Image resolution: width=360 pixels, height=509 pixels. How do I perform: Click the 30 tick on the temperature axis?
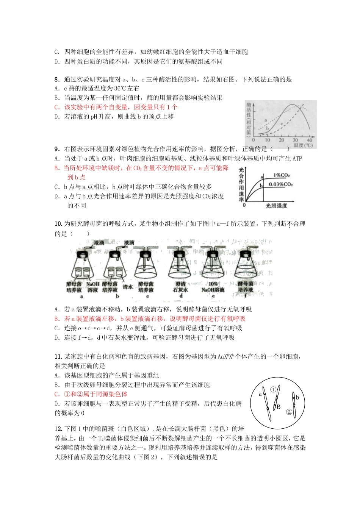[x=295, y=140]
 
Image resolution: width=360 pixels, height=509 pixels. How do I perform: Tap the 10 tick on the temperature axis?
[x=267, y=140]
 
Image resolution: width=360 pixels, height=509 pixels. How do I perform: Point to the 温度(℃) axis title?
[x=303, y=145]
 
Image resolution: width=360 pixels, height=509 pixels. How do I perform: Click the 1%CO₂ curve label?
[x=282, y=176]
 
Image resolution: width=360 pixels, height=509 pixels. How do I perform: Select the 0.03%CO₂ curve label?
[x=281, y=184]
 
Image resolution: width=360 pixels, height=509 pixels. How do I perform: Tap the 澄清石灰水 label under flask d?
[x=181, y=287]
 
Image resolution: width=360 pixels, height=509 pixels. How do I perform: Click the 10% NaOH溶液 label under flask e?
[x=213, y=287]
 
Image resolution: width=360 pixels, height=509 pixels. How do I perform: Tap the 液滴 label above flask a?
[x=99, y=243]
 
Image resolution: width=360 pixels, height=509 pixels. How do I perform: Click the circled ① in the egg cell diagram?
[x=273, y=389]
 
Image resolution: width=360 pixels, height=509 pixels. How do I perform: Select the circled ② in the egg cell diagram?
[x=289, y=412]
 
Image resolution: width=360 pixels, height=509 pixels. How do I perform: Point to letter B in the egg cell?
[x=279, y=407]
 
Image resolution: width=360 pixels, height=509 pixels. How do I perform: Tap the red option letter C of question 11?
[x=57, y=394]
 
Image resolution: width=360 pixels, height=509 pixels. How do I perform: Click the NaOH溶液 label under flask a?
[x=93, y=287]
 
